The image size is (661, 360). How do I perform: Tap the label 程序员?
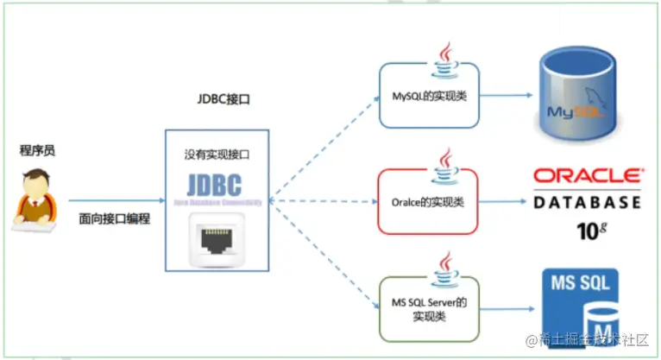[x=38, y=150]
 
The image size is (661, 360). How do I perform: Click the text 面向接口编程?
[x=114, y=218]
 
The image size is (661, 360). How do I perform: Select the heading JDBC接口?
[x=223, y=99]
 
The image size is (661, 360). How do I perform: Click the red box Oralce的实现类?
[x=429, y=202]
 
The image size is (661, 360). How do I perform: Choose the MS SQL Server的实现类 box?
[x=429, y=308]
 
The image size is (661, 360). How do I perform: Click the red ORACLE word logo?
[x=587, y=175]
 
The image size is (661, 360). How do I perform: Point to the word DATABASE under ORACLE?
[x=587, y=203]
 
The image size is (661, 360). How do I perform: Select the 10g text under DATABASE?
[x=589, y=231]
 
